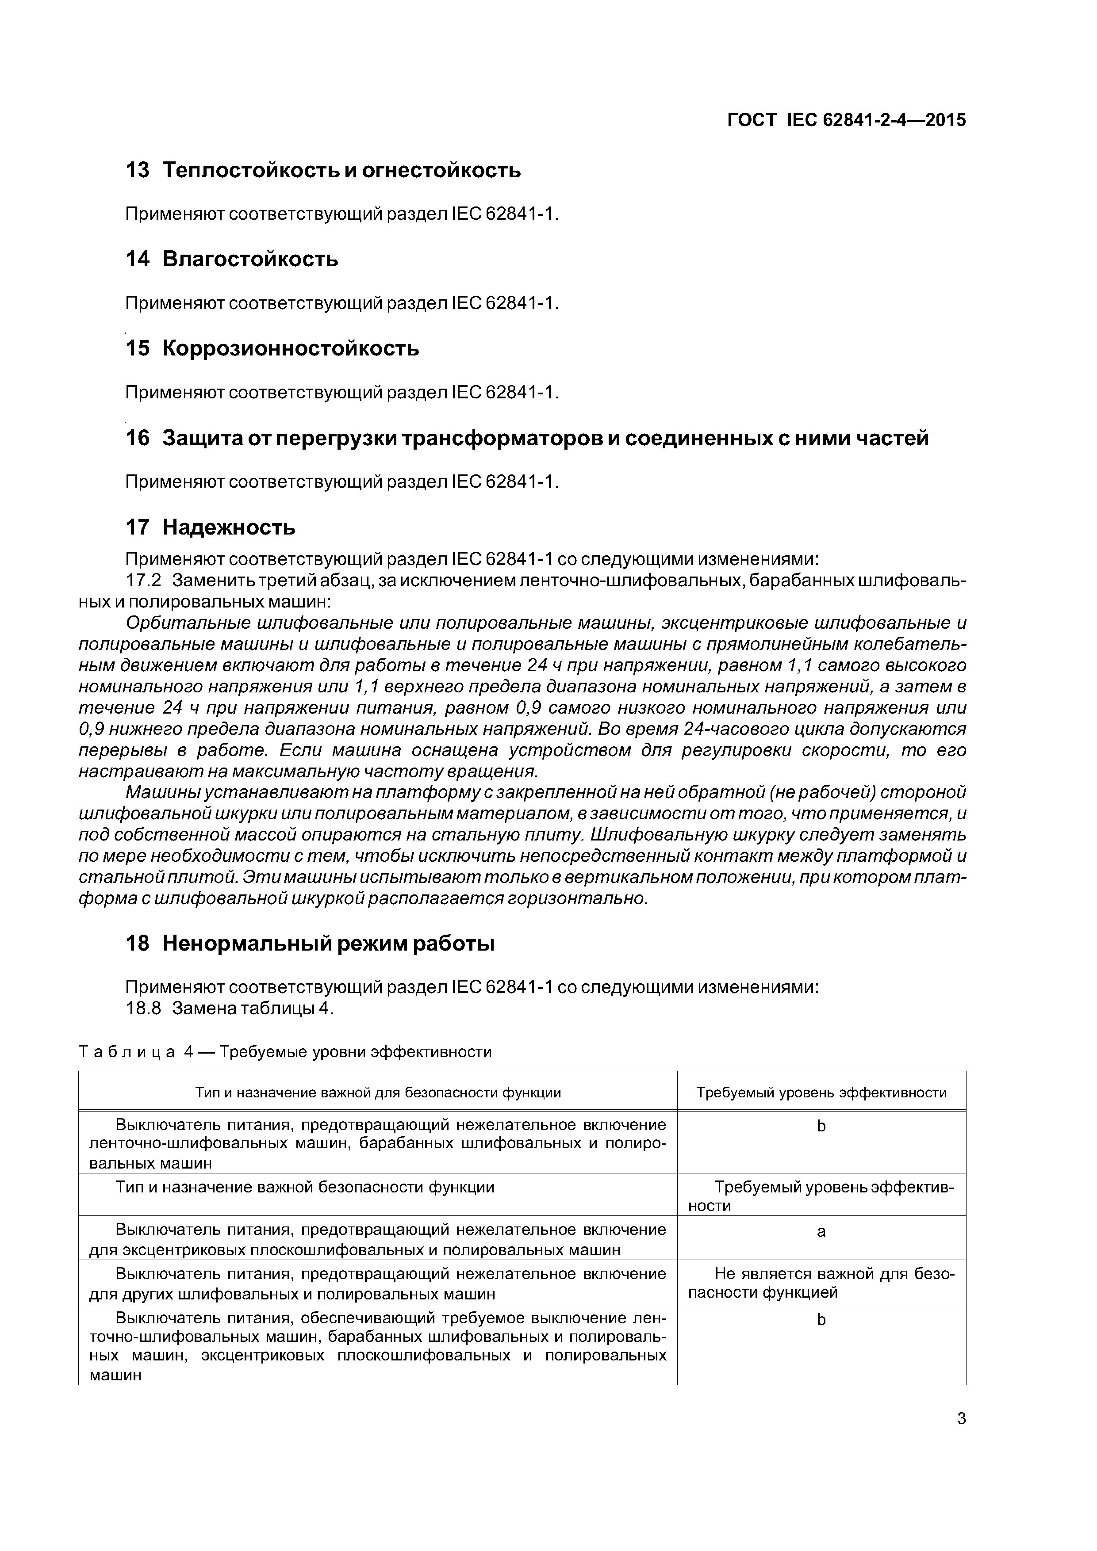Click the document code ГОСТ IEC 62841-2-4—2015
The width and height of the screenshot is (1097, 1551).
tap(846, 120)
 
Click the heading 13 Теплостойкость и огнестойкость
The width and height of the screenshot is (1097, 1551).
tap(323, 170)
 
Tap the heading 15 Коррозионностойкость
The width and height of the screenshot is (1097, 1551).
tap(272, 348)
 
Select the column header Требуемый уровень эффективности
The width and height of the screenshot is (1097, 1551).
tap(821, 1093)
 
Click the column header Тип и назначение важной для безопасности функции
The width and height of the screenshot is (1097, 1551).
tap(378, 1093)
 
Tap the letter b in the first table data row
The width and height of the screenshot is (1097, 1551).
tap(821, 1126)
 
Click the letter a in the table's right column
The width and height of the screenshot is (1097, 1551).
tap(821, 1231)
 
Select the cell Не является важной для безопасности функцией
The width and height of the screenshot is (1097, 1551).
tap(821, 1283)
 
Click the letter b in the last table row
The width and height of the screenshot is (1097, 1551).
tap(821, 1320)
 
